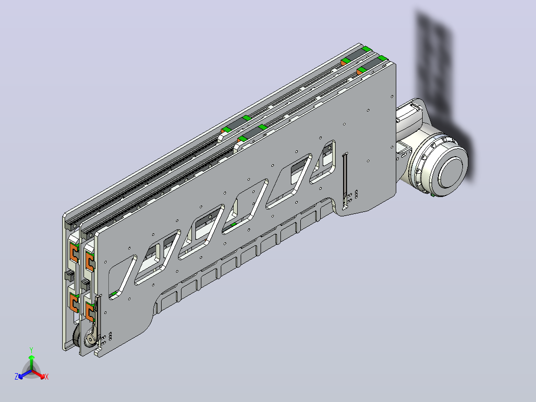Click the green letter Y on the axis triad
coord(31,350)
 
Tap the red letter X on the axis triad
coord(47,377)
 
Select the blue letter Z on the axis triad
coord(16,377)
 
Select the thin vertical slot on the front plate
coord(345,181)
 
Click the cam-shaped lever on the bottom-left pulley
coord(92,337)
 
